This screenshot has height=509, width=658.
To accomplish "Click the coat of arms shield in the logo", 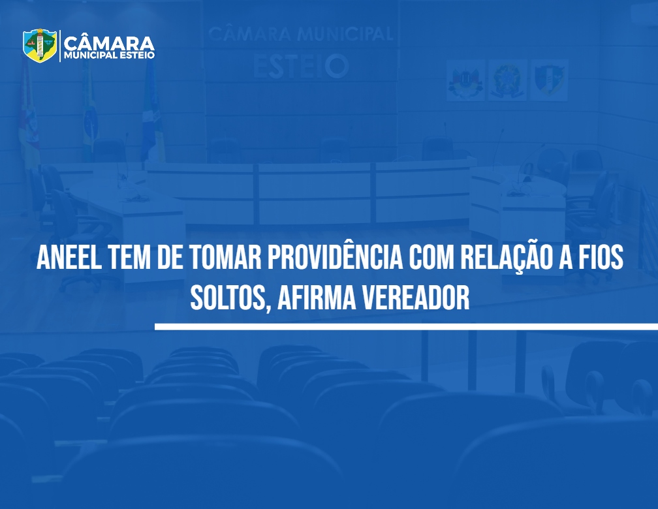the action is [40, 45].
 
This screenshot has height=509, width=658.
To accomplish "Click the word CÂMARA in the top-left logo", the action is [109, 44].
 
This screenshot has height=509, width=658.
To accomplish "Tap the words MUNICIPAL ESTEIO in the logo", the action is [109, 55].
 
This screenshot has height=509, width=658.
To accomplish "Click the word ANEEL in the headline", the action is [69, 257].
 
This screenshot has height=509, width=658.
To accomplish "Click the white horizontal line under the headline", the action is [406, 327].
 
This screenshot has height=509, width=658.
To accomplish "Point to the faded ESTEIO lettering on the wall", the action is [301, 67].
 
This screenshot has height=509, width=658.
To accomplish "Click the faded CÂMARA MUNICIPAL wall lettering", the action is [300, 34].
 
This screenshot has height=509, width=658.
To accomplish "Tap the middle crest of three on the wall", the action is [507, 80].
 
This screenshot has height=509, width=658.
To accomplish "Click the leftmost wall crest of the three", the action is [465, 80].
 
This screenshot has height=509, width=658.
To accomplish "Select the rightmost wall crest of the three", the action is [549, 80].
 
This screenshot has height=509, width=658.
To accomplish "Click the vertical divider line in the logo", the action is [60, 46].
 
